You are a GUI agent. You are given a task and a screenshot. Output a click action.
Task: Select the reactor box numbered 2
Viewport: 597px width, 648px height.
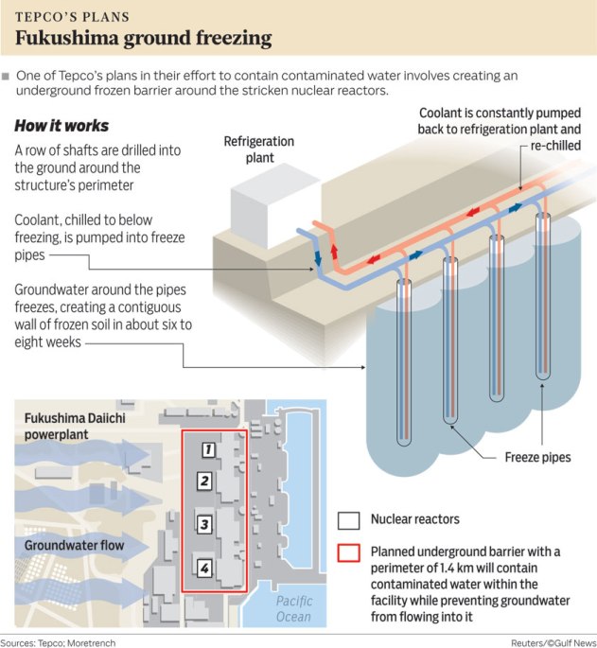[204, 482]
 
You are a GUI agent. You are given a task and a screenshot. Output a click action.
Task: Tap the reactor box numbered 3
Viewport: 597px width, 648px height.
[203, 523]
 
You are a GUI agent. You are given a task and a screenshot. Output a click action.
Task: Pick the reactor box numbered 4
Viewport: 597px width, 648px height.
[203, 568]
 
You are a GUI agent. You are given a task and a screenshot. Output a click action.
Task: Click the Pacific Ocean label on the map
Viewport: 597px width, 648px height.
[293, 609]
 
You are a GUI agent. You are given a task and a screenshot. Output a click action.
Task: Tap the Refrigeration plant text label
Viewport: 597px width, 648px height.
[258, 149]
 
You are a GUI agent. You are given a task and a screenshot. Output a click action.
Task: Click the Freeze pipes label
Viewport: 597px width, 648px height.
[536, 458]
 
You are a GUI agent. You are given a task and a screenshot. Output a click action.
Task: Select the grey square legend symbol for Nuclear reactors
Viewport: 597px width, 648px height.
[349, 520]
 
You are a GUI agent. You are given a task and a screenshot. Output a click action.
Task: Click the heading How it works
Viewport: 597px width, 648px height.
[61, 126]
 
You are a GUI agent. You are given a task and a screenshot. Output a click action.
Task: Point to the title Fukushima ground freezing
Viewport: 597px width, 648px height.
[143, 39]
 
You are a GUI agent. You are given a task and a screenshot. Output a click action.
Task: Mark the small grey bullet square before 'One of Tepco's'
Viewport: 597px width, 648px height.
[7, 75]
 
